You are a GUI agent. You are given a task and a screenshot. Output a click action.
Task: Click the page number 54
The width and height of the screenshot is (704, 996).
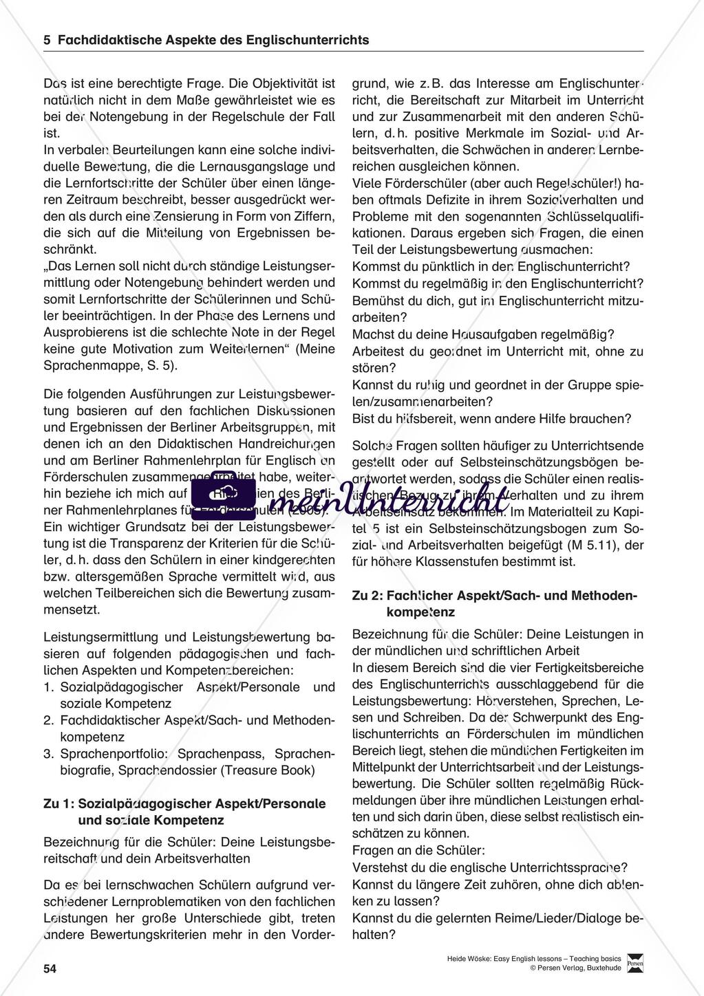[50, 969]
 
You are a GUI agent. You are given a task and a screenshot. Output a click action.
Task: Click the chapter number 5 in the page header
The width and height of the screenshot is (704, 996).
[47, 40]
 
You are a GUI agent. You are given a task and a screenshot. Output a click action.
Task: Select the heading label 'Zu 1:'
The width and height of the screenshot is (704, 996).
[59, 803]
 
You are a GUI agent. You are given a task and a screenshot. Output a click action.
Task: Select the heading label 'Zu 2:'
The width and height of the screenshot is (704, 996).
[367, 595]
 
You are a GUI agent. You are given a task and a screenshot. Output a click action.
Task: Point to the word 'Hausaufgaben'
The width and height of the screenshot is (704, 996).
[471, 334]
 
